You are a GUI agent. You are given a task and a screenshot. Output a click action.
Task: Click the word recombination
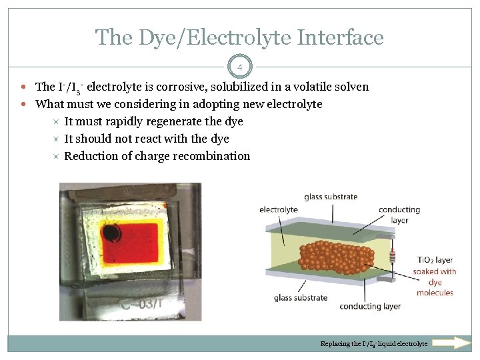tap(211, 156)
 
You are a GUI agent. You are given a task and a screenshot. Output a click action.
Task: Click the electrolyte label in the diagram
tap(278, 209)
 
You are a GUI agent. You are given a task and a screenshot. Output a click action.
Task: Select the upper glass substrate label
tap(331, 197)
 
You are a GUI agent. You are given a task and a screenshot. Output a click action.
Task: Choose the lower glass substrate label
tap(301, 297)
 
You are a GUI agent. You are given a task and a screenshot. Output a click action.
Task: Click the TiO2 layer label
tap(435, 260)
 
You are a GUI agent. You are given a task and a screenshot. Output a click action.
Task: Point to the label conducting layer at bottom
tap(370, 306)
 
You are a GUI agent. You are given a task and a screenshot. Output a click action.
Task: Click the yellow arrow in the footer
tap(452, 343)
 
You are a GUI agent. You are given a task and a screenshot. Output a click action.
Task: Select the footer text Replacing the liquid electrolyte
tap(374, 344)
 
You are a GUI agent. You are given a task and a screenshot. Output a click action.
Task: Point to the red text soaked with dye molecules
tap(435, 281)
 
